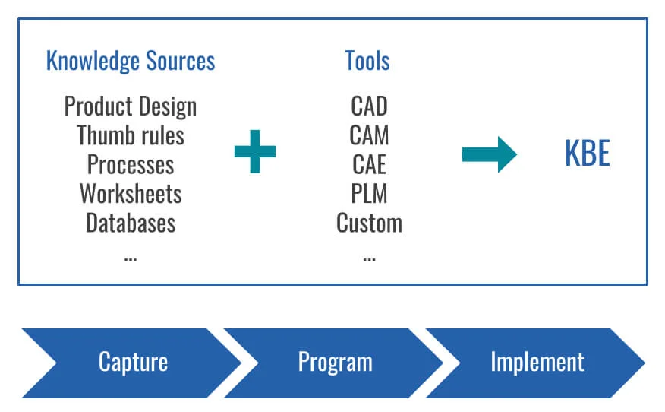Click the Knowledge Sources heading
pos(131,61)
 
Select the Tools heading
pos(369,61)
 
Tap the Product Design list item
pos(131,106)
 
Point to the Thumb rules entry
pos(131,135)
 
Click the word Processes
pos(131,164)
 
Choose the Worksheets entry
pos(131,194)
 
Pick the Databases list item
pos(131,223)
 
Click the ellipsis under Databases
pos(131,257)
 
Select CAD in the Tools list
pos(369,106)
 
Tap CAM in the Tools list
pos(369,135)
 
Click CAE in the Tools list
pos(369,164)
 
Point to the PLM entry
pos(369,194)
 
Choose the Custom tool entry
pos(369,223)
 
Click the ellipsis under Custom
pos(369,257)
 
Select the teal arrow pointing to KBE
pos(489,154)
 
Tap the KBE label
pos(587,154)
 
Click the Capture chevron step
pos(133,362)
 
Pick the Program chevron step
pos(335,362)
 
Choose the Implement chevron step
pos(537,362)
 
